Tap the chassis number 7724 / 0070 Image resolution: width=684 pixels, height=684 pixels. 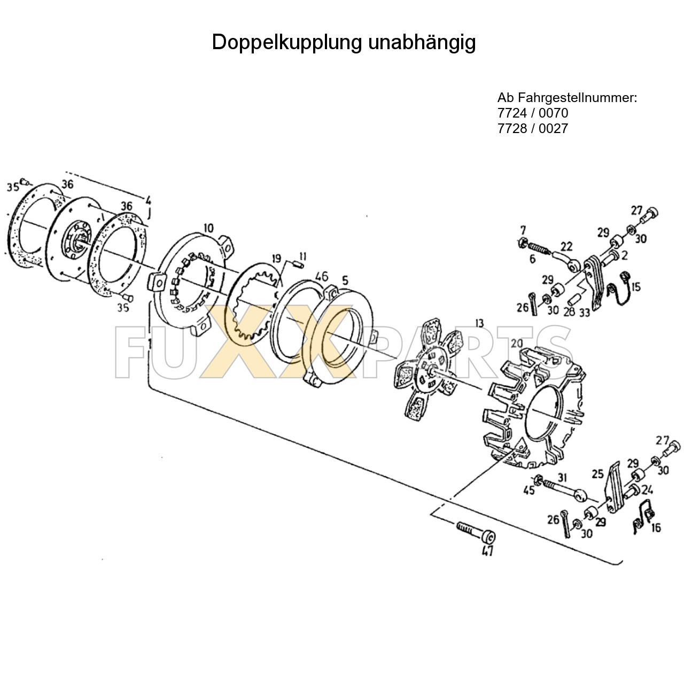pyautogui.click(x=533, y=113)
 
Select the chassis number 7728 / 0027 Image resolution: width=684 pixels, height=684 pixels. pyautogui.click(x=533, y=128)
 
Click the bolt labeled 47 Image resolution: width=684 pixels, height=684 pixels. pyautogui.click(x=475, y=532)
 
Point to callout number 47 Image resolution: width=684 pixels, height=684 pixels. pyautogui.click(x=487, y=551)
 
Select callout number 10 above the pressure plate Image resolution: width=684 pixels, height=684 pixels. pyautogui.click(x=208, y=229)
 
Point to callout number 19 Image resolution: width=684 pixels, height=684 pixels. pyautogui.click(x=276, y=259)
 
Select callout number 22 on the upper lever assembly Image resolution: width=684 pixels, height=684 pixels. pyautogui.click(x=566, y=247)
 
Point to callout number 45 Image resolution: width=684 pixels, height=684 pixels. pyautogui.click(x=528, y=490)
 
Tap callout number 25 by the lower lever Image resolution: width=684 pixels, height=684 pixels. pyautogui.click(x=597, y=473)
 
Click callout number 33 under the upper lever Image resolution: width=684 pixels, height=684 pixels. pyautogui.click(x=584, y=313)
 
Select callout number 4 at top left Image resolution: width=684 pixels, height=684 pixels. pyautogui.click(x=148, y=200)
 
